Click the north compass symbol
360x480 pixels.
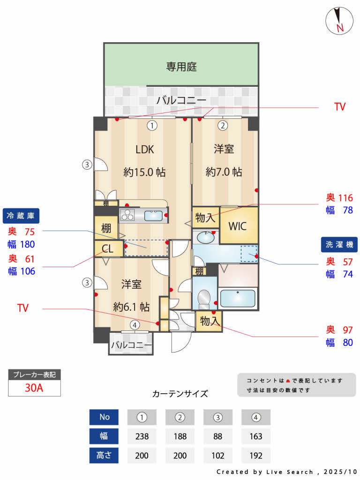pos(339,21)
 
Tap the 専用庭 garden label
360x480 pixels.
pos(181,67)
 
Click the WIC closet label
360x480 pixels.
pos(238,225)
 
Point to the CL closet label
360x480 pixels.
pos(107,249)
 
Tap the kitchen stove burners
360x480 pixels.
pos(127,215)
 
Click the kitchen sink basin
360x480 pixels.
pos(153,216)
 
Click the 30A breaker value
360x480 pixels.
pos(34,388)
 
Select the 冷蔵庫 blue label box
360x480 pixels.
pos(21,216)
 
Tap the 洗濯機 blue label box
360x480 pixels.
pos(339,244)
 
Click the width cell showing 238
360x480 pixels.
pos(142,436)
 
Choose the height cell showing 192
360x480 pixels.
pos(256,455)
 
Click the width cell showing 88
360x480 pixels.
pos(218,436)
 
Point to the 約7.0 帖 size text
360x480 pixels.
pos(224,172)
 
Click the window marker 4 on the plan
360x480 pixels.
pos(135,324)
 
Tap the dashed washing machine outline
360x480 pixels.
pos(249,254)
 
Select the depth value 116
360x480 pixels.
pos(345,198)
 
